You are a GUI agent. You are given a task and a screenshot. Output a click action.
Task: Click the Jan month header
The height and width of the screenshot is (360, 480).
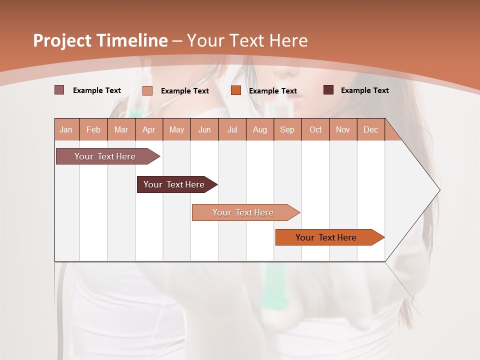click(66, 129)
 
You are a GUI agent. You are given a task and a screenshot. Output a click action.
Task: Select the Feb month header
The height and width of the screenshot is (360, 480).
click(93, 129)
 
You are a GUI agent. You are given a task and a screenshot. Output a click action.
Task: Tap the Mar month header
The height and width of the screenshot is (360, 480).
click(121, 129)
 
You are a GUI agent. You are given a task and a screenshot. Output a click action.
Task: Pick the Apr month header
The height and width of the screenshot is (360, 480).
click(149, 129)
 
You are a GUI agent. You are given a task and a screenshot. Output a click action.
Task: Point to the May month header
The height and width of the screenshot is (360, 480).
click(176, 129)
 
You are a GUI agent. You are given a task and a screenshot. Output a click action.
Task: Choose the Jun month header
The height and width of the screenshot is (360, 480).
click(204, 129)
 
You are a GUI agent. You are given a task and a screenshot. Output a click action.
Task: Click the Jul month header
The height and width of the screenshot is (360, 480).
click(232, 129)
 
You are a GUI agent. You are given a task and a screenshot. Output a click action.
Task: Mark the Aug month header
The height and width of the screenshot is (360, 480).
click(260, 129)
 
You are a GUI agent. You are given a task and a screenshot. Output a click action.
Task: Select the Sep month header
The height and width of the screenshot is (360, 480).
click(287, 129)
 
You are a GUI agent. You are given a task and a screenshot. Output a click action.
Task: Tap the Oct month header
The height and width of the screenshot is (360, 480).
click(315, 129)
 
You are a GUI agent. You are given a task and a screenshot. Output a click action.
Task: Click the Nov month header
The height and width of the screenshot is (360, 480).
click(343, 129)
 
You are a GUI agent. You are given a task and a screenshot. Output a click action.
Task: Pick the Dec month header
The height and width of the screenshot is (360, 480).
click(370, 129)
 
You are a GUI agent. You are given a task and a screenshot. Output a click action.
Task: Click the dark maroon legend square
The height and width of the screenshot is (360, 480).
click(328, 90)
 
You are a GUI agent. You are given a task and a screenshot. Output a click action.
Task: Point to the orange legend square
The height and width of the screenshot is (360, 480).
click(236, 90)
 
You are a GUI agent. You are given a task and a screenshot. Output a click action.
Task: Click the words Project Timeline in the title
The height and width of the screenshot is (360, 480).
click(100, 40)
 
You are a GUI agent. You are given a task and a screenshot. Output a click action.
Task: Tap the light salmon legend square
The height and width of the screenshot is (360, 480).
click(147, 90)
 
